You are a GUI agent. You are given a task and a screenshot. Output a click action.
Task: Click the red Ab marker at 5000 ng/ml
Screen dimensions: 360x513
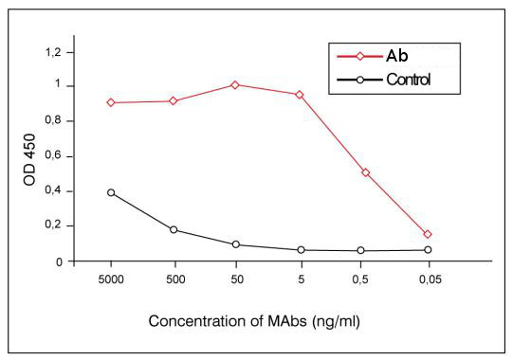tap(111, 102)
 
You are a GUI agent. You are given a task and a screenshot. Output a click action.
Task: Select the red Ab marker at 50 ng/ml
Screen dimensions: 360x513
tap(236, 84)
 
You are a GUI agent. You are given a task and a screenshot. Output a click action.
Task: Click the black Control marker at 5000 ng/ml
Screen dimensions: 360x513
tap(111, 192)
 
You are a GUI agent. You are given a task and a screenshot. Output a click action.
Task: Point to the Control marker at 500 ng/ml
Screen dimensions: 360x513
tap(174, 229)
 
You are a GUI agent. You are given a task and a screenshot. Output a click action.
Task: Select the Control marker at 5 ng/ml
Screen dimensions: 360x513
tap(300, 250)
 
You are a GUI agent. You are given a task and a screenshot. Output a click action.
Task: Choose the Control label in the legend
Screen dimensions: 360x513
tap(409, 79)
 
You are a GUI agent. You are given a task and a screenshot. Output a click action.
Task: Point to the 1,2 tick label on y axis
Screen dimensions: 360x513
tap(64, 51)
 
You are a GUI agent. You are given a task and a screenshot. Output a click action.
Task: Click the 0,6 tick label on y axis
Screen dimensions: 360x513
tap(64, 156)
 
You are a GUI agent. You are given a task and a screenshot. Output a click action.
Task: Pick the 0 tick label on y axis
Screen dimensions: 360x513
tap(69, 261)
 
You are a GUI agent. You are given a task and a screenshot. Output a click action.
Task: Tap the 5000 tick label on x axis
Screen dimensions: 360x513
tap(111, 281)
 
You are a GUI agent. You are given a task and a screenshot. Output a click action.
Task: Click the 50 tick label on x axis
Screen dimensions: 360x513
tap(236, 281)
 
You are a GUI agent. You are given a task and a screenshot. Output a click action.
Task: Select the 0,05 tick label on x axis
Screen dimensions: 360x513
tap(428, 281)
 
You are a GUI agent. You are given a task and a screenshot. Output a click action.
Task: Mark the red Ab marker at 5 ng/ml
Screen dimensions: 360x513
tap(300, 95)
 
